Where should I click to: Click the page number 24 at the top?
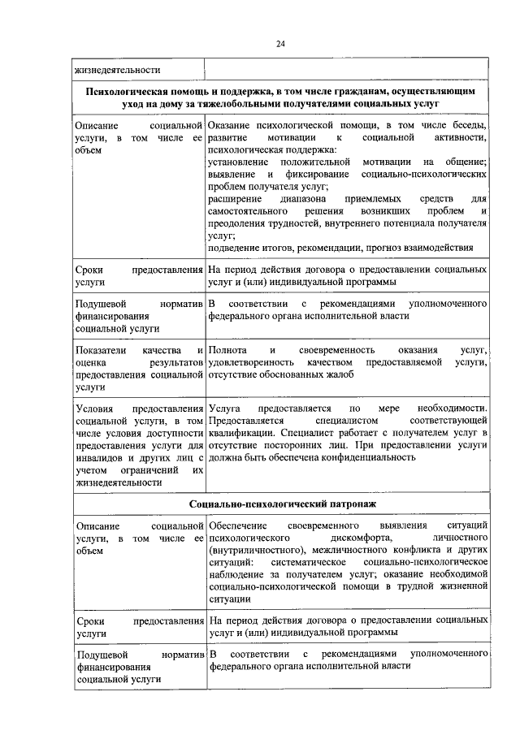click(280, 44)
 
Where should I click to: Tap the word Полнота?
click(227, 350)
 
